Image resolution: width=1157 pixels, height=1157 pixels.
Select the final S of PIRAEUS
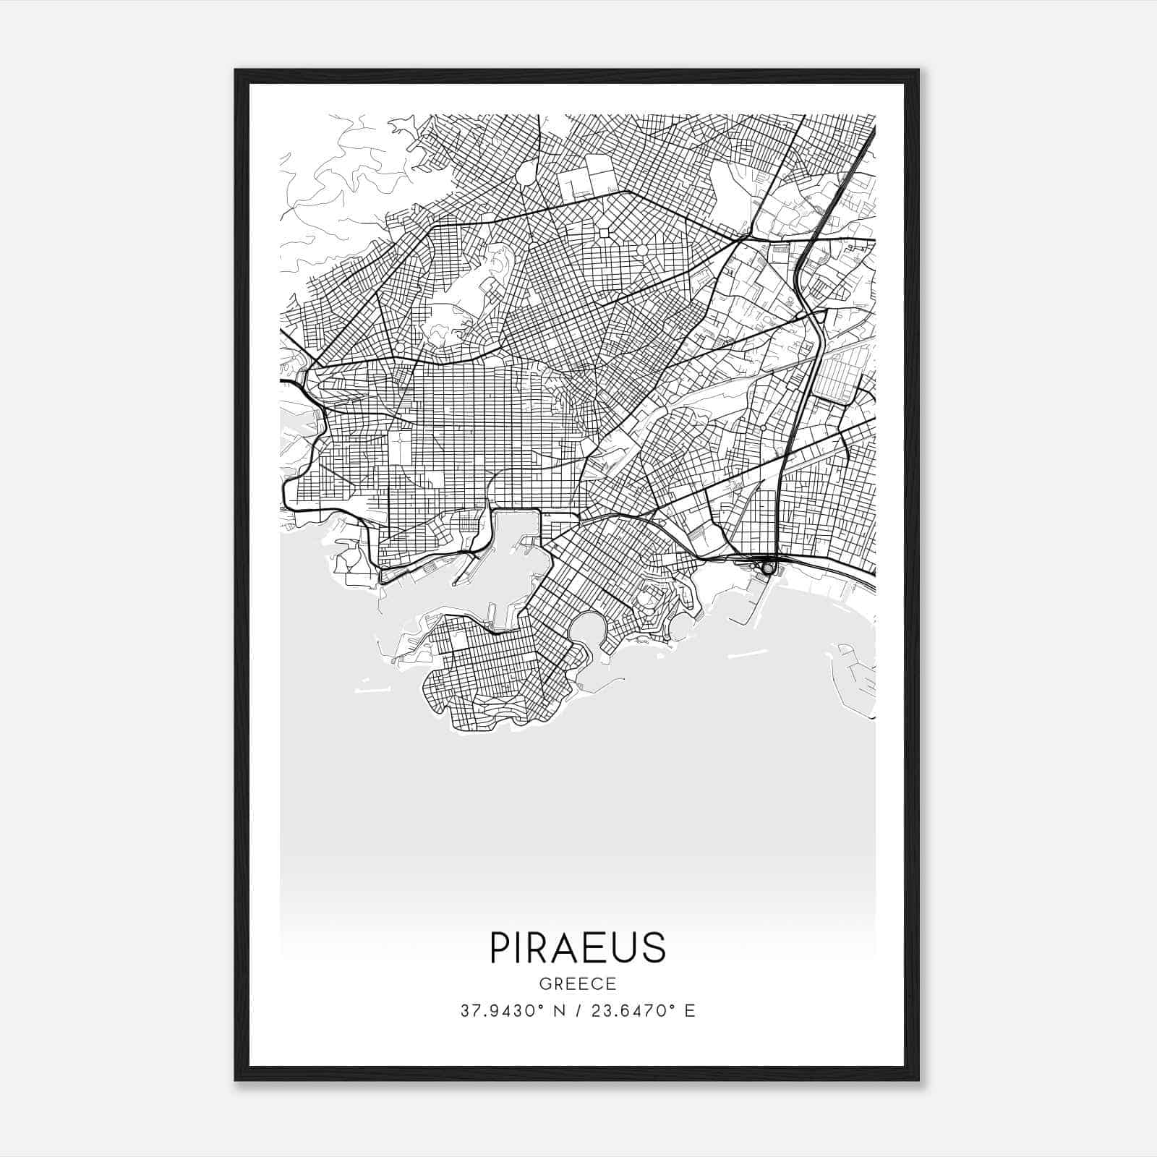click(654, 947)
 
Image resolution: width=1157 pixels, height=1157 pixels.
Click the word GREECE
click(578, 984)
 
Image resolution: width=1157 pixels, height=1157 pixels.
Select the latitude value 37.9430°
click(502, 1011)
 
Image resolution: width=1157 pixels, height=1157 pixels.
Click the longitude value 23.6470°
click(633, 1011)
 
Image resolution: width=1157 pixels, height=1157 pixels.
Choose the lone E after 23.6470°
click(690, 1011)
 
